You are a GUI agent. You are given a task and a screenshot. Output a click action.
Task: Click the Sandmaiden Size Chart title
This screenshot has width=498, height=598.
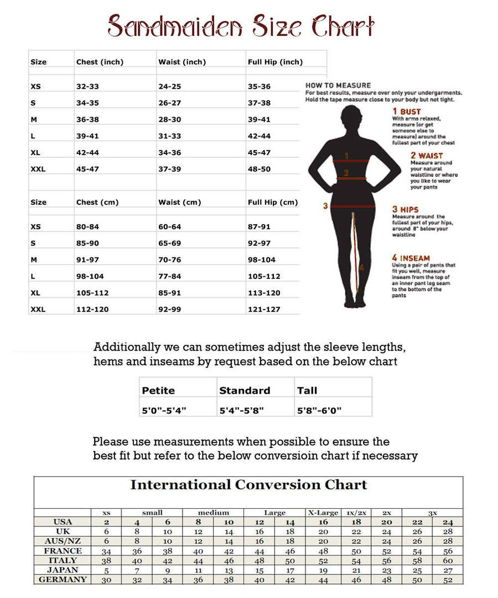pyautogui.click(x=241, y=25)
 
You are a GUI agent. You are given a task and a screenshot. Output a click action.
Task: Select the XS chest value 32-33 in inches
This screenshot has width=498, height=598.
pyautogui.click(x=87, y=87)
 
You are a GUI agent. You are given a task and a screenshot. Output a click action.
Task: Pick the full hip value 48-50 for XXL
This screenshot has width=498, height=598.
pyautogui.click(x=259, y=169)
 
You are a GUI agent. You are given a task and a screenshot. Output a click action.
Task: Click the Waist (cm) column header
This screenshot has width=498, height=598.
pyautogui.click(x=179, y=202)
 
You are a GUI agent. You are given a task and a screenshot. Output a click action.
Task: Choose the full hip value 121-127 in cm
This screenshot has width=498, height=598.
pyautogui.click(x=264, y=309)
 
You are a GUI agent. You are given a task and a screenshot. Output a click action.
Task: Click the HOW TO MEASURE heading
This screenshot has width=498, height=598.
pyautogui.click(x=331, y=85)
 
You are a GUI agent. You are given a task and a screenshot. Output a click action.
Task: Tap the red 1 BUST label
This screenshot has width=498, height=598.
pyautogui.click(x=407, y=111)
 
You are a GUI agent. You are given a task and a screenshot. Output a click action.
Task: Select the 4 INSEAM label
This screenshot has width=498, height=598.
pyautogui.click(x=411, y=257)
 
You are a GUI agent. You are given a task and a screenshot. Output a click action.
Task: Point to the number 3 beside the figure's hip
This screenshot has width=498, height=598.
pyautogui.click(x=326, y=206)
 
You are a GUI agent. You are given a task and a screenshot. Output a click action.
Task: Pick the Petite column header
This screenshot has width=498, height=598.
pyautogui.click(x=158, y=390)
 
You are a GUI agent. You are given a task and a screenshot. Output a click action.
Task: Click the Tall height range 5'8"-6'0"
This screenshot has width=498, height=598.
pyautogui.click(x=319, y=410)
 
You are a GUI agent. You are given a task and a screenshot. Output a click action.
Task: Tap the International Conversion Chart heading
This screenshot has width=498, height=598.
pyautogui.click(x=248, y=485)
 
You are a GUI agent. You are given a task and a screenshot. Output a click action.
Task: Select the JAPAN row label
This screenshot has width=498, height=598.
pyautogui.click(x=63, y=570)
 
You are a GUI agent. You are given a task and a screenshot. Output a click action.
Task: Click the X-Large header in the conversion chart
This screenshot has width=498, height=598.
pyautogui.click(x=323, y=513)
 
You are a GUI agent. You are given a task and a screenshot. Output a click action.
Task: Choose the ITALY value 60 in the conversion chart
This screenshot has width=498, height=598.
pyautogui.click(x=448, y=560)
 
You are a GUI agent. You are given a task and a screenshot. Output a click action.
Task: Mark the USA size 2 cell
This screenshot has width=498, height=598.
pyautogui.click(x=106, y=522)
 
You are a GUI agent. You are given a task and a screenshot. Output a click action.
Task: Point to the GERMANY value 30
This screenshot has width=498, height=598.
pyautogui.click(x=106, y=580)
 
